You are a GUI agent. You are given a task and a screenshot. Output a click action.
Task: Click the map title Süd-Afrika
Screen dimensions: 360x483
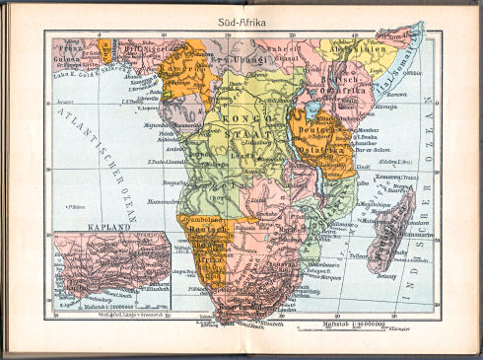click(x=241, y=19)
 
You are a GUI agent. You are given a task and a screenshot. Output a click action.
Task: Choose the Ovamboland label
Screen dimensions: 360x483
click(x=201, y=219)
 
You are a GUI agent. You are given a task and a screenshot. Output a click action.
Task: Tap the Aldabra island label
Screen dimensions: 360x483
click(x=391, y=160)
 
